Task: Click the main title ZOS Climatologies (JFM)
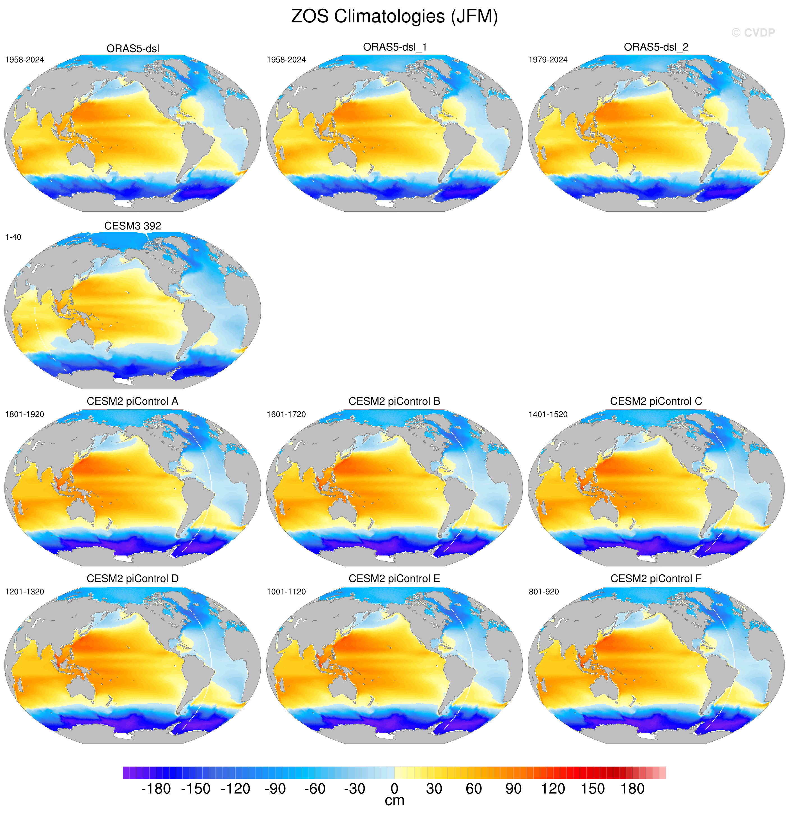click(x=394, y=17)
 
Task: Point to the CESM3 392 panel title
click(x=132, y=226)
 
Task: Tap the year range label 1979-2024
click(x=548, y=60)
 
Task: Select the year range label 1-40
click(x=13, y=237)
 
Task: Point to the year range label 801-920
click(x=544, y=592)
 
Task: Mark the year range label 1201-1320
click(x=24, y=592)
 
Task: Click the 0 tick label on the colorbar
click(x=394, y=789)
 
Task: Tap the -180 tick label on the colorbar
click(x=156, y=789)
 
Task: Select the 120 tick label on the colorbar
click(x=553, y=789)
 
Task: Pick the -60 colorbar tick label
click(x=315, y=789)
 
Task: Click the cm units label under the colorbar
click(x=394, y=801)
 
